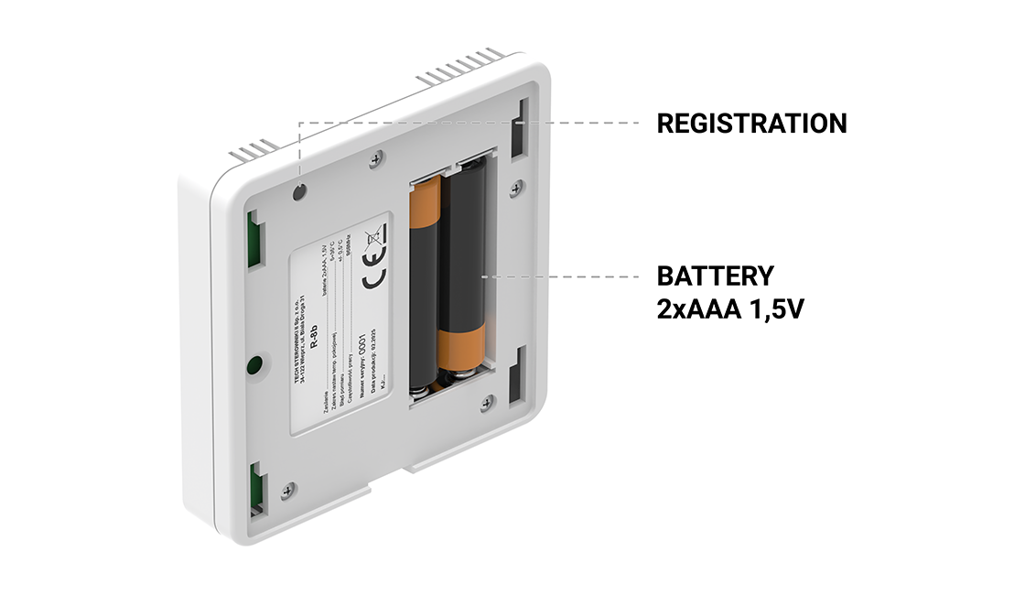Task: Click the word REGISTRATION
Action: tap(751, 123)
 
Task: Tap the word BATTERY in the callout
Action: tap(715, 276)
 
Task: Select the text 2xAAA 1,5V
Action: tap(730, 308)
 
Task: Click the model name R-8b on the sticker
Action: tap(314, 339)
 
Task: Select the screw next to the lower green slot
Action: tap(288, 491)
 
